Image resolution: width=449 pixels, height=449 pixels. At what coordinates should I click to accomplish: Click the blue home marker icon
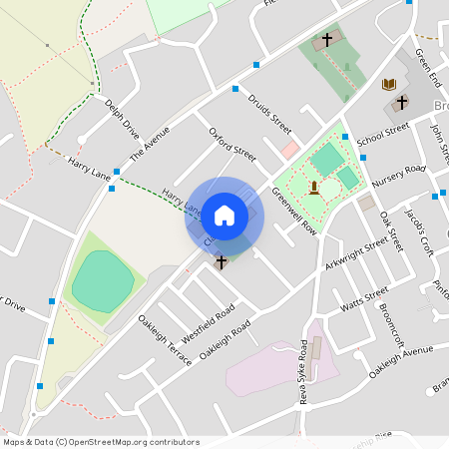[224, 215]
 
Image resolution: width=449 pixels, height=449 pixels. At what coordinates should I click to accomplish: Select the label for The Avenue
[151, 144]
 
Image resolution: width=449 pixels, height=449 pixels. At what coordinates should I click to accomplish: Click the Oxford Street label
[232, 145]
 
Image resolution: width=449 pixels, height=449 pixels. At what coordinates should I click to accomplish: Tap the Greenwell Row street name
[293, 214]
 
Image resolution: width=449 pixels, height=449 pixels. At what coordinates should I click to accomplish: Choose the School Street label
[383, 132]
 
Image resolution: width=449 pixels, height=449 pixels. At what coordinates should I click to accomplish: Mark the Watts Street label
[364, 298]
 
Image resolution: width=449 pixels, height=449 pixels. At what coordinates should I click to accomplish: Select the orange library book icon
[389, 85]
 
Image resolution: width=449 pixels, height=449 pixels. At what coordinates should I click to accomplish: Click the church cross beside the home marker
[222, 261]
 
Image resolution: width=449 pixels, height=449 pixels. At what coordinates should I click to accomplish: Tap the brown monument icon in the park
[314, 187]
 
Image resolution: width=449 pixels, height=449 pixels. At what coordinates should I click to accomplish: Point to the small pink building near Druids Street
[289, 150]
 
